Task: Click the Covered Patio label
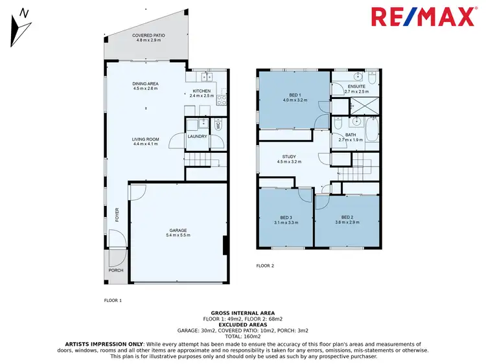[x=146, y=38]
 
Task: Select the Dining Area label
[x=146, y=85]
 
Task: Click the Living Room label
[x=146, y=141]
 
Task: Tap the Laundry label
[x=197, y=136]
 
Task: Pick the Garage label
[x=178, y=232]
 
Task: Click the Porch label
[x=115, y=271]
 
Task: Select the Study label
[x=288, y=159]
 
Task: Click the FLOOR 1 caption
[x=113, y=301]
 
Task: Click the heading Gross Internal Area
[x=242, y=312]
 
